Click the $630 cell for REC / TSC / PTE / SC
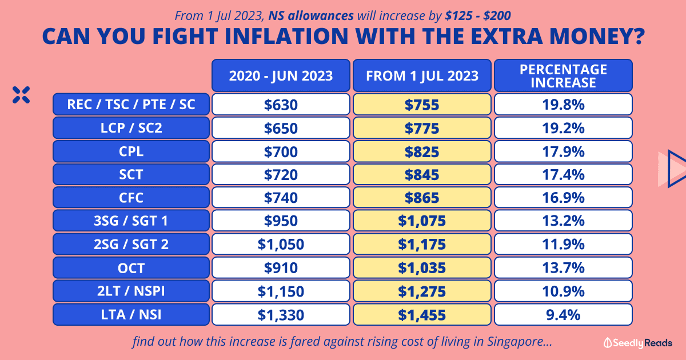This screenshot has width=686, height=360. pyautogui.click(x=281, y=105)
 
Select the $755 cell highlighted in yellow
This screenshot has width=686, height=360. pyautogui.click(x=422, y=105)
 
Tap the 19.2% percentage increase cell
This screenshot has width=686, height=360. pyautogui.click(x=563, y=128)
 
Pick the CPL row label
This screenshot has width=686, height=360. pyautogui.click(x=131, y=151)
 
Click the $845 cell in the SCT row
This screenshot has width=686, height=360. pyautogui.click(x=422, y=175)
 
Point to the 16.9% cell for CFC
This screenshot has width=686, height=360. pyautogui.click(x=563, y=198)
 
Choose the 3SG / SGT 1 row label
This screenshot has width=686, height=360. pyautogui.click(x=131, y=221)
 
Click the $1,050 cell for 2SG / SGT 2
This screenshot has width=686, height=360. pyautogui.click(x=281, y=245)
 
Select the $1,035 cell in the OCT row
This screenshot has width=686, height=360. pyautogui.click(x=422, y=268)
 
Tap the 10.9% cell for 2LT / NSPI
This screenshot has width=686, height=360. pyautogui.click(x=563, y=291)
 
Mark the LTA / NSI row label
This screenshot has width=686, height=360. pyautogui.click(x=131, y=314)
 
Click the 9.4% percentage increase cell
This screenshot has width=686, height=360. pyautogui.click(x=563, y=314)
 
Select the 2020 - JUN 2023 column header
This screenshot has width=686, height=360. pyautogui.click(x=281, y=75)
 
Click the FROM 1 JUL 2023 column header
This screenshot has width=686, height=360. pyautogui.click(x=422, y=75)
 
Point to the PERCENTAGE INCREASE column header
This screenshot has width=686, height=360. pyautogui.click(x=563, y=75)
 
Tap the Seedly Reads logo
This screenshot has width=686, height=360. pyautogui.click(x=638, y=343)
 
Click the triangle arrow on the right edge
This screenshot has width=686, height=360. pyautogui.click(x=672, y=169)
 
